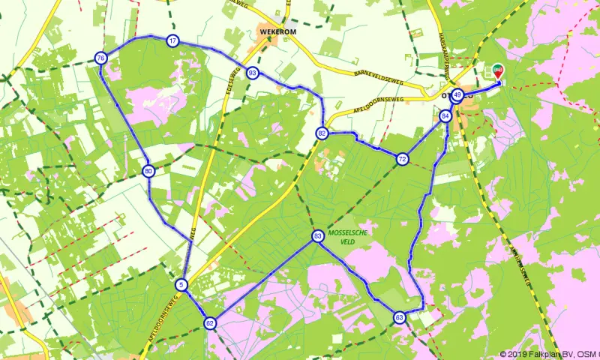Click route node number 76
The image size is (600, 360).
click(100, 58)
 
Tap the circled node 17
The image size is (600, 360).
click(173, 40)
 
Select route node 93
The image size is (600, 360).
click(252, 73)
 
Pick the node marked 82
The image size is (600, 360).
click(322, 133)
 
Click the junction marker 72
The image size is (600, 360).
click(403, 159)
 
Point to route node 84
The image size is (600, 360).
click(446, 116)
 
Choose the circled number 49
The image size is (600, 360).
click(457, 95)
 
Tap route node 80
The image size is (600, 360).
click(149, 171)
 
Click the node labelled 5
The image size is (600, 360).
click(181, 284)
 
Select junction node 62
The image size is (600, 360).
click(210, 323)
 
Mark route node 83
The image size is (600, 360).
click(318, 236)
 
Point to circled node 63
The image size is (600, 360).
click(399, 317)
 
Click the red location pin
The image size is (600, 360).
click(498, 71)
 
